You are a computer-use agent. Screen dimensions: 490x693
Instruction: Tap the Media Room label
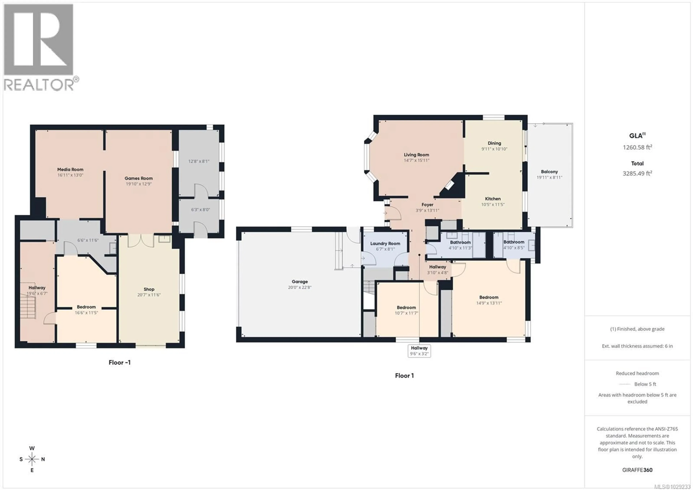click(x=70, y=169)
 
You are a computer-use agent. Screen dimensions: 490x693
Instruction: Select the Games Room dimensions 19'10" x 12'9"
click(x=139, y=184)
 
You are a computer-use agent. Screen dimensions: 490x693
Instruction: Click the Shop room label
click(x=149, y=289)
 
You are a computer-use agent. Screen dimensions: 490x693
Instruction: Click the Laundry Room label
click(x=385, y=243)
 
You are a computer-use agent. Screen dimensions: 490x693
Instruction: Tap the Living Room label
click(x=416, y=155)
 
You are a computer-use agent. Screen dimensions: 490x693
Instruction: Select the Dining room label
click(x=494, y=143)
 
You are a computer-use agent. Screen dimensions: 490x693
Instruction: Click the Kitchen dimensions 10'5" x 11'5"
click(x=492, y=204)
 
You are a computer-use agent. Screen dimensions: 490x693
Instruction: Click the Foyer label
click(x=427, y=205)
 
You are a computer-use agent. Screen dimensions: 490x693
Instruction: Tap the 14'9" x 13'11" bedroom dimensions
click(x=489, y=303)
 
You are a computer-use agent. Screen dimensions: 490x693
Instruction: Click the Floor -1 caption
click(x=119, y=362)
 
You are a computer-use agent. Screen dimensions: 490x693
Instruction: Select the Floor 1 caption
click(x=404, y=376)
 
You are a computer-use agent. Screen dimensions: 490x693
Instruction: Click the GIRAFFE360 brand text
click(x=637, y=470)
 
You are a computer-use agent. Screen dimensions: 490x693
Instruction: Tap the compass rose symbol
click(x=32, y=459)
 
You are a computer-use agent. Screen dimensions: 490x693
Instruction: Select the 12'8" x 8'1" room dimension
click(x=199, y=161)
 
